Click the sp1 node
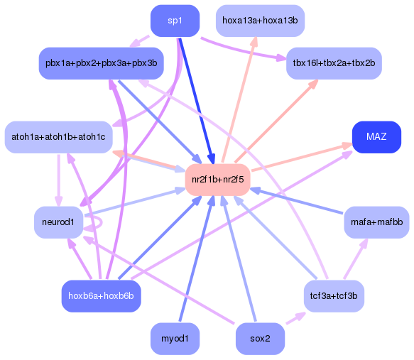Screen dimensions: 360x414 [x=175, y=21]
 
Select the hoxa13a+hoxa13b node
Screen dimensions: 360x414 [x=259, y=21]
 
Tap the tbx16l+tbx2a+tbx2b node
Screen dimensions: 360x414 [x=334, y=63]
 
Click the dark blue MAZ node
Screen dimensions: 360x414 [x=376, y=136]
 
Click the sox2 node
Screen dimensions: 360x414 [x=260, y=339]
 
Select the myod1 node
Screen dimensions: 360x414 [x=175, y=339]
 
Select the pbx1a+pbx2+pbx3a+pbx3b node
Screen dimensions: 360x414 [x=101, y=63]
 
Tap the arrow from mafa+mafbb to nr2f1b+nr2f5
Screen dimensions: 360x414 [x=298, y=202]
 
